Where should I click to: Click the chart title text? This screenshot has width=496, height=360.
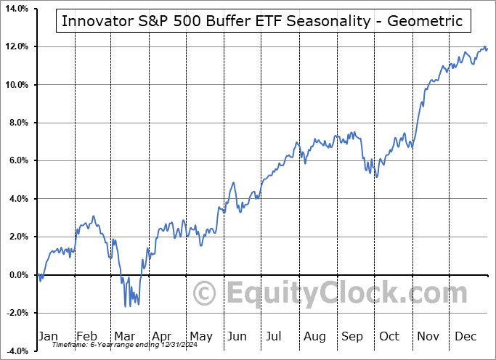[262, 20]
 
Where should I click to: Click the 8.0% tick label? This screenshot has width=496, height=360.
[17, 123]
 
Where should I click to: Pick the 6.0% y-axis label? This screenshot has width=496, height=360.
[17, 160]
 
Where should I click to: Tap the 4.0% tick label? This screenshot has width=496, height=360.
[17, 198]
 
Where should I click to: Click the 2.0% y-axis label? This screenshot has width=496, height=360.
[17, 237]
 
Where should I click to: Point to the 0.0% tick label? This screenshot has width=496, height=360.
[17, 274]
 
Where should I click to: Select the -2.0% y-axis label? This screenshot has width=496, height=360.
[15, 312]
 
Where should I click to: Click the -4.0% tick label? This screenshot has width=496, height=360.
[15, 351]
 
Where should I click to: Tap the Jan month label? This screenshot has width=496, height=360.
[48, 336]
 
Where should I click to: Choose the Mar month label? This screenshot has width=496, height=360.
[125, 336]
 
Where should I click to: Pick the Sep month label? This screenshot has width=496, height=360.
[352, 336]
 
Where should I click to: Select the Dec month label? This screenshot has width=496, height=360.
[465, 336]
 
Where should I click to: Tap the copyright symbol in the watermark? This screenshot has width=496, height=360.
[205, 294]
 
